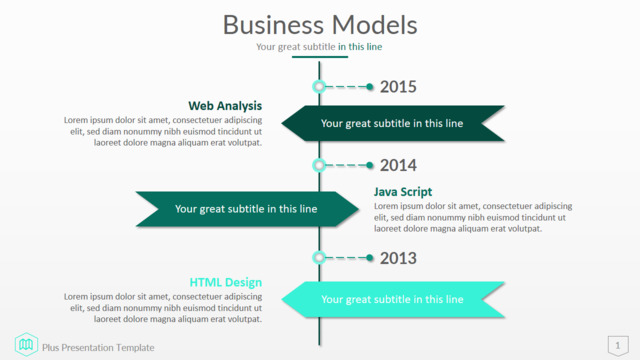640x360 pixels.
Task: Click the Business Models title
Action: (320, 25)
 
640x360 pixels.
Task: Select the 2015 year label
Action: (398, 87)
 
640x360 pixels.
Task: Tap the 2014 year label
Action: (398, 165)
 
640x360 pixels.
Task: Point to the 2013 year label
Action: (398, 258)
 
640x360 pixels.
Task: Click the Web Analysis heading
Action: (225, 106)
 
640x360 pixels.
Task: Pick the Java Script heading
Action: (403, 192)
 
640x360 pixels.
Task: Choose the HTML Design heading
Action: (226, 282)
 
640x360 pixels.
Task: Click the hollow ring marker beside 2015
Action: (319, 87)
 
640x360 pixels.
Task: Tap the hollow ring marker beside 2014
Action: (319, 165)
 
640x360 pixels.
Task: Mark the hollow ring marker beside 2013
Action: (319, 258)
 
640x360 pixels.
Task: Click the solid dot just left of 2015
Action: (370, 87)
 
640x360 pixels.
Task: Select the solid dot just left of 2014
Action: (370, 165)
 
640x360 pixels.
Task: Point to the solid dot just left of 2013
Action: (370, 258)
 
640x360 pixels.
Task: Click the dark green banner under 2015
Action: (393, 123)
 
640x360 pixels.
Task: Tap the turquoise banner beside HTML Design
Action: (393, 299)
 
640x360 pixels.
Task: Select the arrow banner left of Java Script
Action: (247, 209)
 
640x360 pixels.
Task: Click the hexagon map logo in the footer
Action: (26, 344)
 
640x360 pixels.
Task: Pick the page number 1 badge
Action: (618, 346)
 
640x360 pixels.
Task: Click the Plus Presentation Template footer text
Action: (98, 348)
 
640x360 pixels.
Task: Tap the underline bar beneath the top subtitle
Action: (320, 57)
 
